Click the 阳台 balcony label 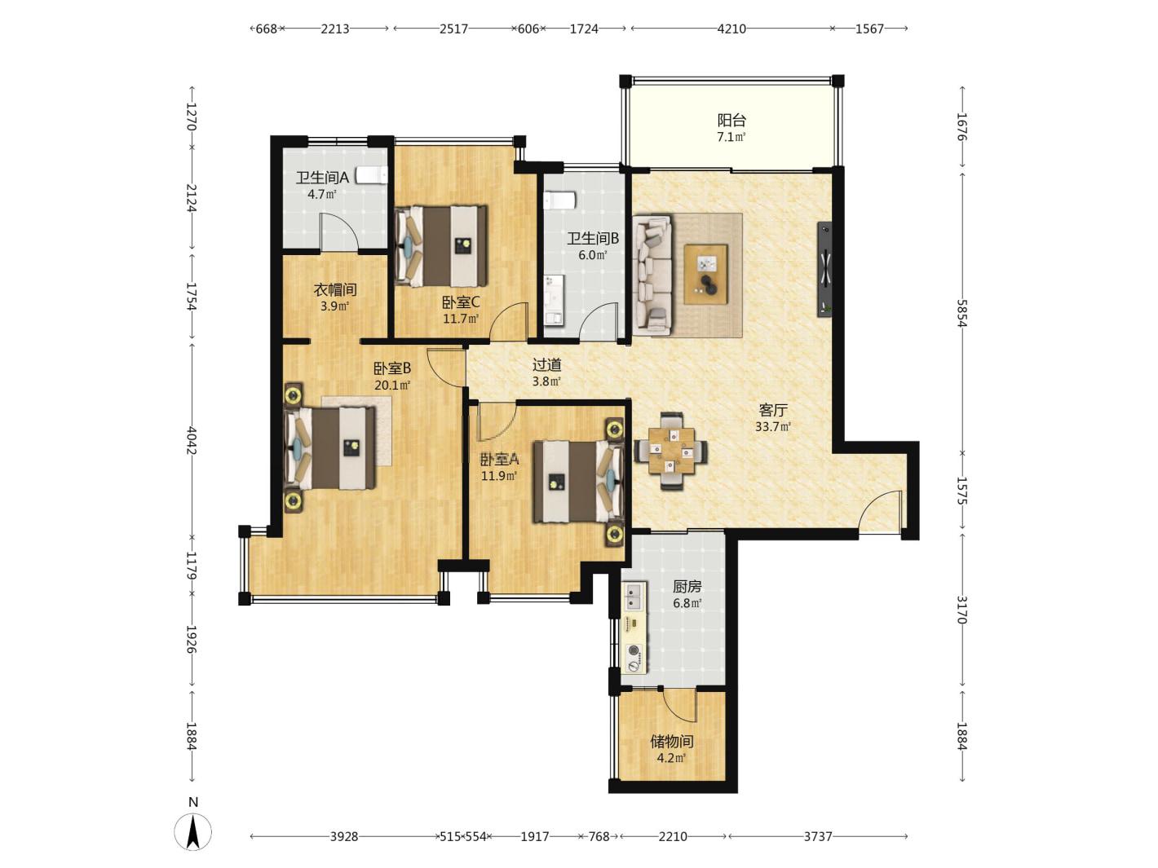731,120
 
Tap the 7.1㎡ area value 731,138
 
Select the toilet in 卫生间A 372,175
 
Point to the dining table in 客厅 671,452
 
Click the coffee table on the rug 705,274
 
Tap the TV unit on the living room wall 824,269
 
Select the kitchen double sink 634,596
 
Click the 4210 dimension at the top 731,29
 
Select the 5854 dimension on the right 962,313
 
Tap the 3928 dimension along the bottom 344,836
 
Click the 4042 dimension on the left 192,441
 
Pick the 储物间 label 671,742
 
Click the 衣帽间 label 335,289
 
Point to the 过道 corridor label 546,364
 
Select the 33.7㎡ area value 773,427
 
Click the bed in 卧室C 440,246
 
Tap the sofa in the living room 653,274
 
